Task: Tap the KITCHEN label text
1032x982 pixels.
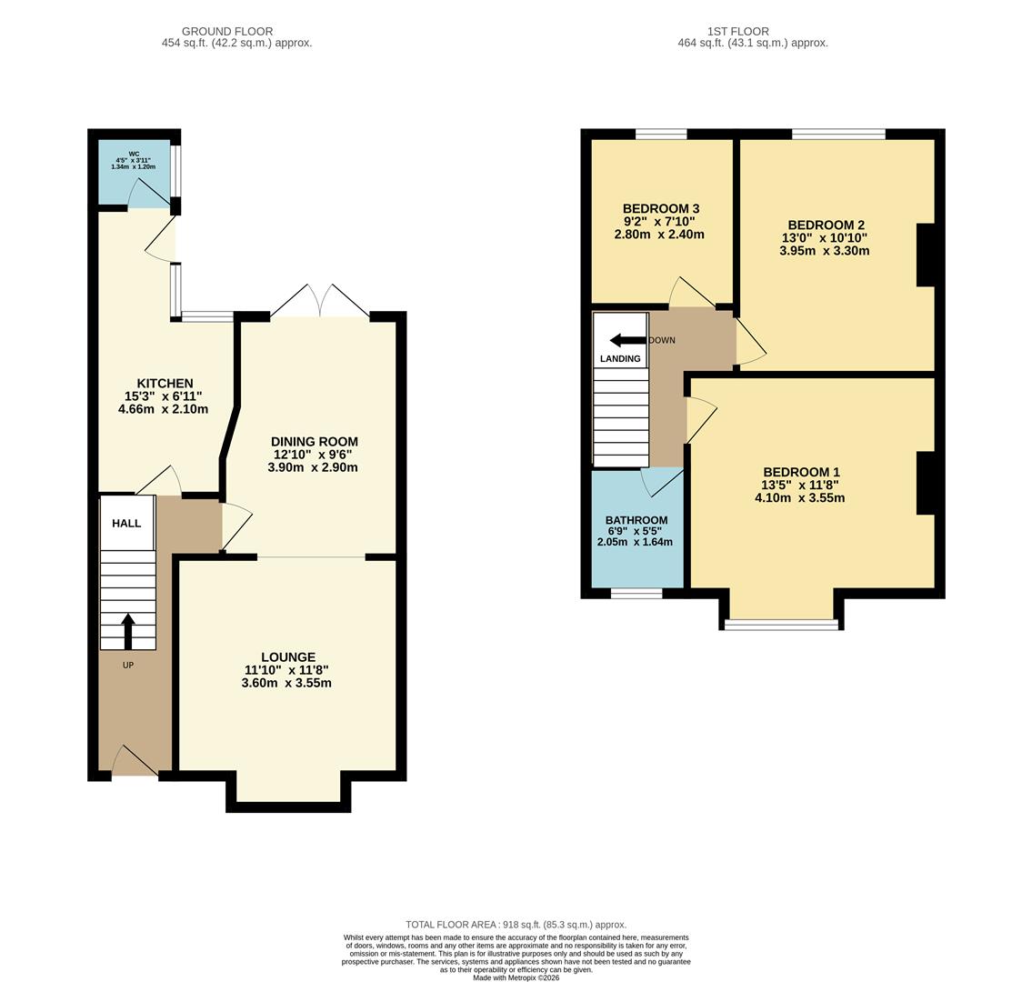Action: (165, 383)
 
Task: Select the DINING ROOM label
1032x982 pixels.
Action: (313, 441)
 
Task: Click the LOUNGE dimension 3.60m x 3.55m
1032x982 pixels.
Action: (286, 683)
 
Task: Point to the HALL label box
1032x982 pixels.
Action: (126, 523)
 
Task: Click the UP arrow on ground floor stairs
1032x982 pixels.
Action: (127, 631)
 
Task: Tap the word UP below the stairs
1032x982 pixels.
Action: (127, 666)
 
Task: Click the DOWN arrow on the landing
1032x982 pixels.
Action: (626, 340)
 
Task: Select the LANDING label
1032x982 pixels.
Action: (620, 358)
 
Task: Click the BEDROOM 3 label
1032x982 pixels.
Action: (661, 208)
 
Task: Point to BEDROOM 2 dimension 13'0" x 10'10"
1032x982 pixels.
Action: (825, 238)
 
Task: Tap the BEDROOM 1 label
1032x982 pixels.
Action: (801, 472)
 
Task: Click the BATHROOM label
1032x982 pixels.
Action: (636, 520)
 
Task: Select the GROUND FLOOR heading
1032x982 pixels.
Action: (227, 31)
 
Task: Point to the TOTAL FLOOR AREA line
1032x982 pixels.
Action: (516, 924)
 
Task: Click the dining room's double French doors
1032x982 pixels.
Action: (320, 302)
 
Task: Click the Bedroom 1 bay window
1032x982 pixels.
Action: (782, 624)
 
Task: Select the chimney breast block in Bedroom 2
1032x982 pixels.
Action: (925, 256)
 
